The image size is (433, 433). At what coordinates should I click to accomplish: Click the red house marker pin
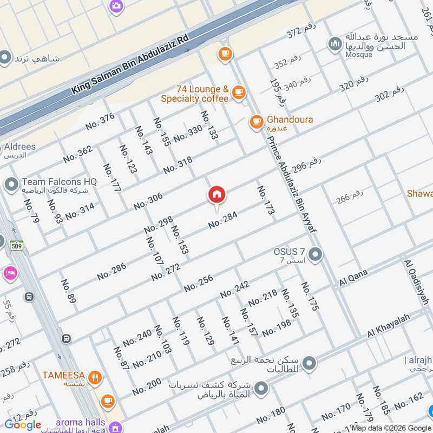point(217,194)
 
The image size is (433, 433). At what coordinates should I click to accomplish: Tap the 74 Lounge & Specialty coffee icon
point(238,94)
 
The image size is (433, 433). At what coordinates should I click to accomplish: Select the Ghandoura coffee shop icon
point(256,122)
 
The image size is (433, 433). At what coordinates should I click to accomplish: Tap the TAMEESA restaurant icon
point(95,377)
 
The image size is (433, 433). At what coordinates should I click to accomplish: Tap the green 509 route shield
point(16,245)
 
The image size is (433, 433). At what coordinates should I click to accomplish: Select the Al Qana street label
point(353,277)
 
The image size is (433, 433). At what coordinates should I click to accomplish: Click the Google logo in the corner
point(23,425)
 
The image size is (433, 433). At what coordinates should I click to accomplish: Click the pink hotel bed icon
point(10,272)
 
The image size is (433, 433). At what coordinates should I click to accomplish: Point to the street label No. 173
point(265,201)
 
